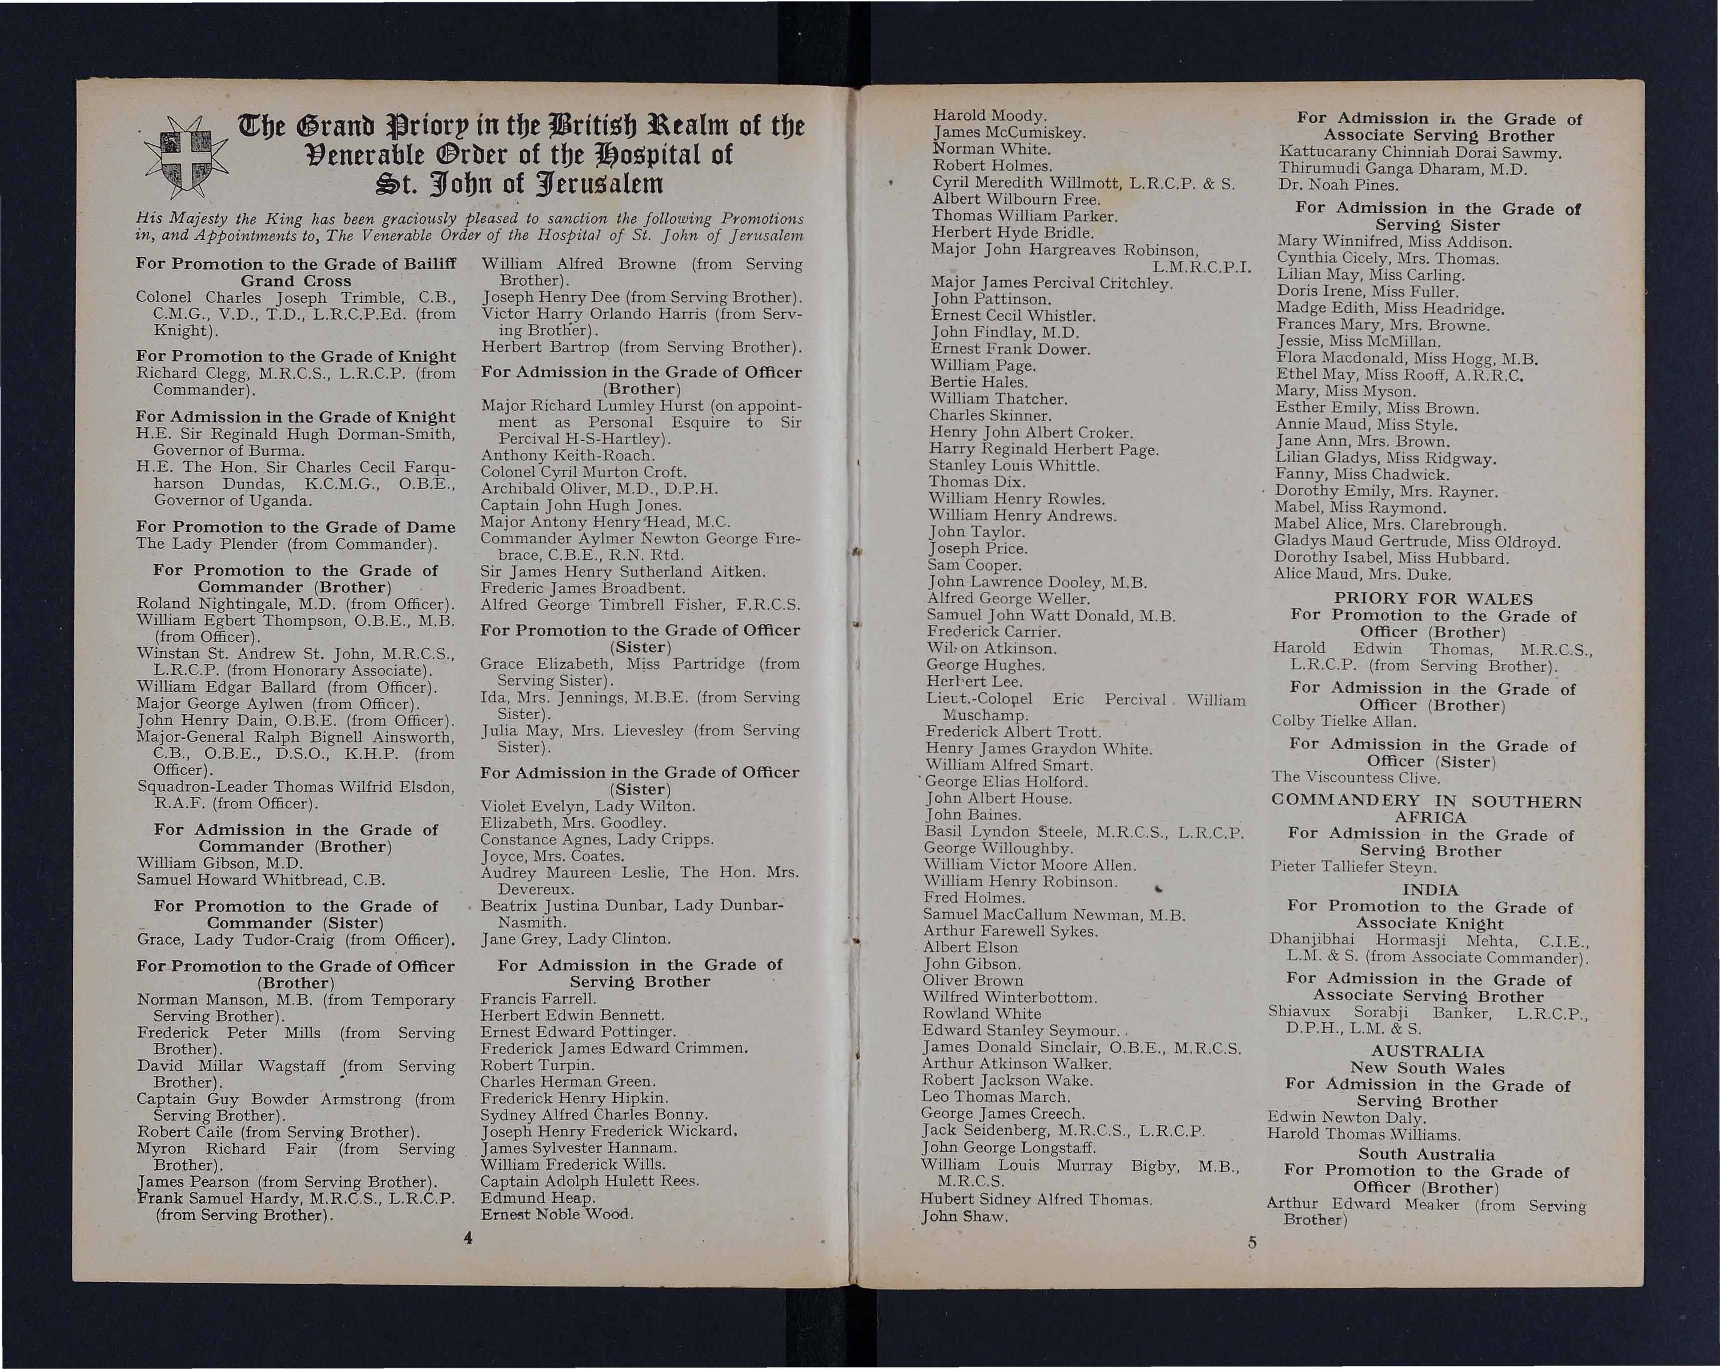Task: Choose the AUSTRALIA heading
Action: pos(1427,1051)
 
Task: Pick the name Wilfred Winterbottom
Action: pos(1009,997)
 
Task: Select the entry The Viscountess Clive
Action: pos(1355,778)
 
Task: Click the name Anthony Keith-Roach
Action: pos(567,456)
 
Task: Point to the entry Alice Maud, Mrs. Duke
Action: pos(1362,574)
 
